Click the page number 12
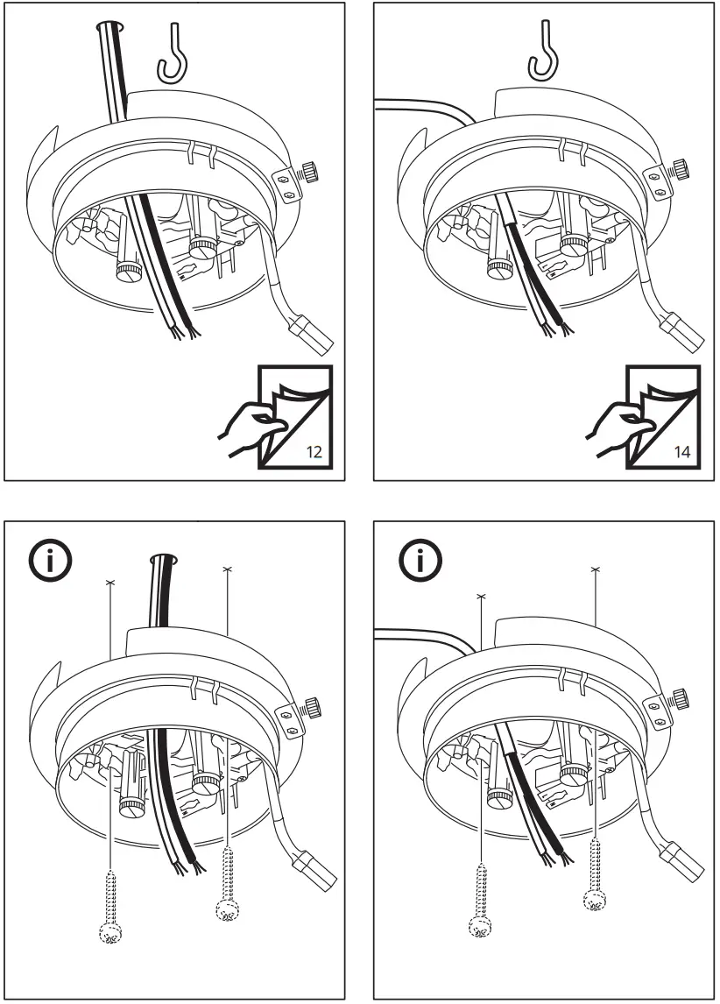coord(314,454)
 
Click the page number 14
coord(681,454)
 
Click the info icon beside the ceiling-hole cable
coord(49,562)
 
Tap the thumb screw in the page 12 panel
coord(310,170)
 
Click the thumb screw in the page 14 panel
coord(678,166)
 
